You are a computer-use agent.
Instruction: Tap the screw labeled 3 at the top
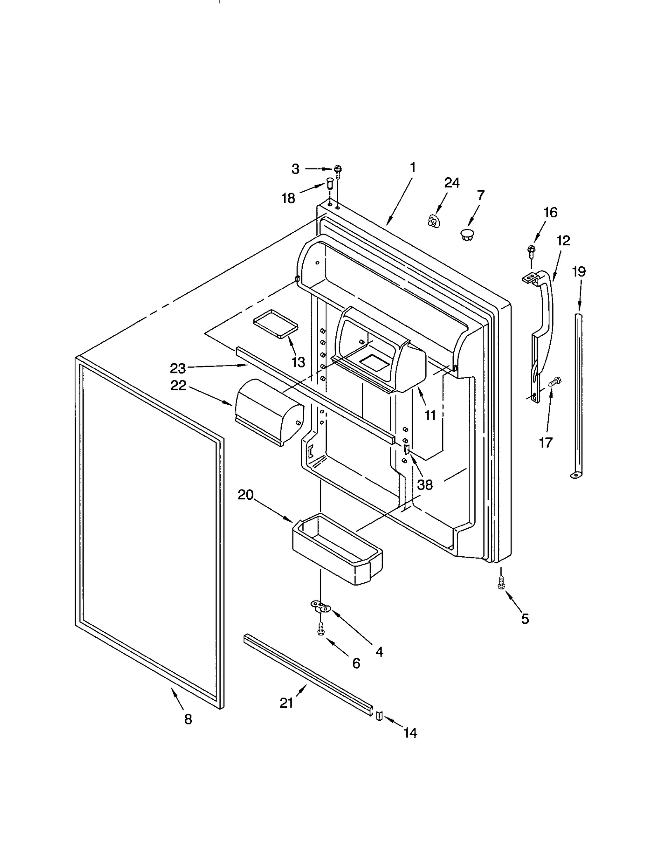click(x=339, y=170)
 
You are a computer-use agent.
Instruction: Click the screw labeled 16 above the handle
click(x=531, y=250)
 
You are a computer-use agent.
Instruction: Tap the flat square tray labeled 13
click(x=275, y=322)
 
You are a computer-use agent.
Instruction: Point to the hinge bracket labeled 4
click(x=321, y=607)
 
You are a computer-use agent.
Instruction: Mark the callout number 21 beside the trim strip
click(x=286, y=703)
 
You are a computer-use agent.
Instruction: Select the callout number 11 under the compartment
click(x=430, y=415)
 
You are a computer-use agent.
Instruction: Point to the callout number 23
click(x=178, y=368)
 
